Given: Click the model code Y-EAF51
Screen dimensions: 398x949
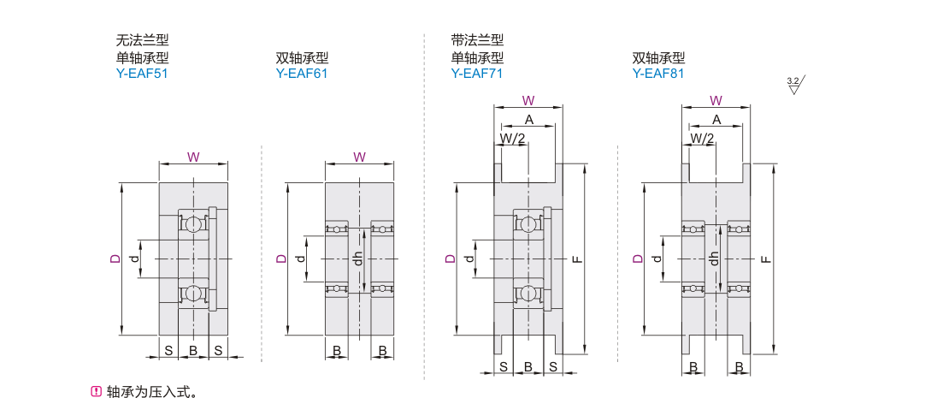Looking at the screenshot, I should pos(142,74).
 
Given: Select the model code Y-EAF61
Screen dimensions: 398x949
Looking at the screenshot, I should pos(302,74).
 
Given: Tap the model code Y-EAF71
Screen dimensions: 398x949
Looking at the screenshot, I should pos(477,74).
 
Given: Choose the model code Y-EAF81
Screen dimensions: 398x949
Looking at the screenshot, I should pos(658,74).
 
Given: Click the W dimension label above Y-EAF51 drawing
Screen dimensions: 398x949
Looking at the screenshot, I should pos(193,157).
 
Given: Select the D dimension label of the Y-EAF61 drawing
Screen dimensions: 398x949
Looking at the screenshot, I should pos(280,258).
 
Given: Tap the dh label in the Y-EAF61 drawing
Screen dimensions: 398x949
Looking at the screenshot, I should pos(359,258).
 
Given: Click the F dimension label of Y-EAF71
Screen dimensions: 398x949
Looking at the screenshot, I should pos(577,258).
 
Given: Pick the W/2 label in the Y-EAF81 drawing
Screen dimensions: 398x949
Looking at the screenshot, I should pos(702,137).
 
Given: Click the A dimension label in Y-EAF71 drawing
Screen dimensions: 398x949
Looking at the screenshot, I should pos(529,119).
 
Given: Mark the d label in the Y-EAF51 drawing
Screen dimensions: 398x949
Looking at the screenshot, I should pos(133,258).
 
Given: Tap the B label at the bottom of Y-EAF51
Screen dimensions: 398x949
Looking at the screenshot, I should pos(193,350).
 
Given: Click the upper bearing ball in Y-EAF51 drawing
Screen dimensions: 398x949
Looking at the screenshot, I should pos(194,223).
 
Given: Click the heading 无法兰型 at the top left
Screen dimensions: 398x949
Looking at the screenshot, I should pos(142,40).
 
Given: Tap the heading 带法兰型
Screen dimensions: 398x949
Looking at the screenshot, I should pos(477,40).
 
